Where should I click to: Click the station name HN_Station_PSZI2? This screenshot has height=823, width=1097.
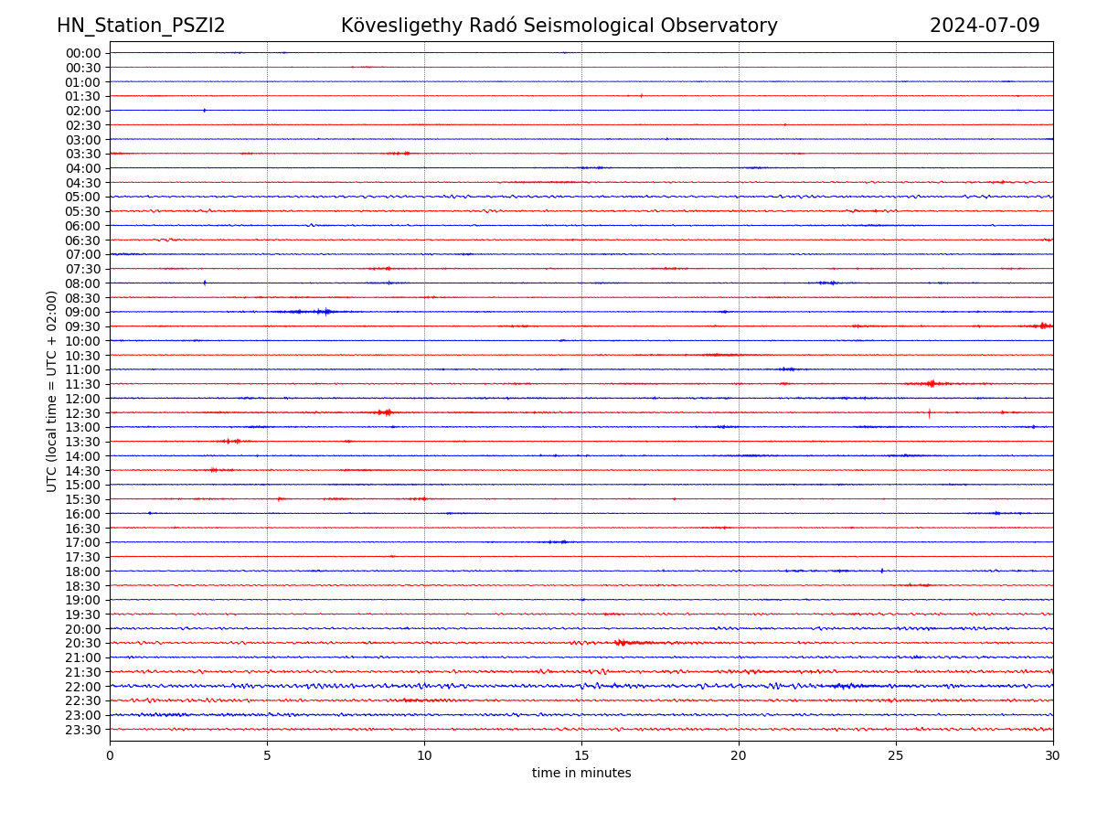pyautogui.click(x=141, y=26)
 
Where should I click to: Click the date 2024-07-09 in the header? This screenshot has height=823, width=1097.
pyautogui.click(x=985, y=26)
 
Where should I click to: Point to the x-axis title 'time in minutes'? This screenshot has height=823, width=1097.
pyautogui.click(x=581, y=774)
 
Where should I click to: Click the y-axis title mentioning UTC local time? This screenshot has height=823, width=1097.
pyautogui.click(x=52, y=391)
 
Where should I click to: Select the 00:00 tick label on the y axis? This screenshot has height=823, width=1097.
pyautogui.click(x=83, y=53)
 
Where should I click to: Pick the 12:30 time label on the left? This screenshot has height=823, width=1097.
pyautogui.click(x=83, y=413)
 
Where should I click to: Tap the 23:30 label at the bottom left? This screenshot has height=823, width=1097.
pyautogui.click(x=83, y=730)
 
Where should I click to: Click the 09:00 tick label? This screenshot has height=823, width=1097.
pyautogui.click(x=83, y=312)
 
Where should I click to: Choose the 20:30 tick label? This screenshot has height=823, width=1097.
pyautogui.click(x=83, y=644)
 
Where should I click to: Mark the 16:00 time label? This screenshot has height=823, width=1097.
pyautogui.click(x=83, y=514)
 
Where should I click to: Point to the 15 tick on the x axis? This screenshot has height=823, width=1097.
pyautogui.click(x=581, y=755)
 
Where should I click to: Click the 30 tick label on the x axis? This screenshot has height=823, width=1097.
pyautogui.click(x=1053, y=755)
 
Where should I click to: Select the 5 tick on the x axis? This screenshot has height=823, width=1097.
pyautogui.click(x=267, y=755)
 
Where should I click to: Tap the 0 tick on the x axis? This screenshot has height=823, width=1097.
pyautogui.click(x=110, y=755)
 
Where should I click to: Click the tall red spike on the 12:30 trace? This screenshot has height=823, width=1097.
pyautogui.click(x=929, y=413)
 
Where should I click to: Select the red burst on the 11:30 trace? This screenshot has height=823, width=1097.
pyautogui.click(x=931, y=384)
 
